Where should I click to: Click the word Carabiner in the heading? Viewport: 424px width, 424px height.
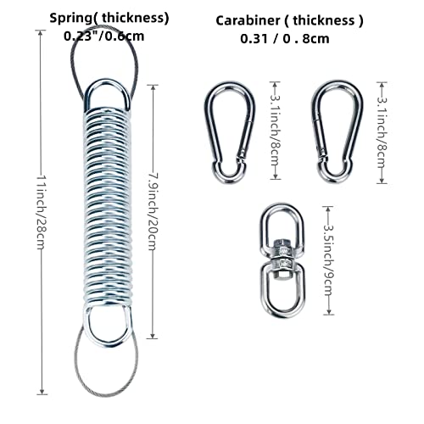[248, 20]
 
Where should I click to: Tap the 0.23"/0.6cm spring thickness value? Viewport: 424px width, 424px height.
[103, 36]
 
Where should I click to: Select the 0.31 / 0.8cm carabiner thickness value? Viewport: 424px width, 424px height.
[285, 39]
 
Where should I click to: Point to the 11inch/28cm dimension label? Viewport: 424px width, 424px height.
[42, 212]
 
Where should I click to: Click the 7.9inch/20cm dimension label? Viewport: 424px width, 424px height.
[153, 212]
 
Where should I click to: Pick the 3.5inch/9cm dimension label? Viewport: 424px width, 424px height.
[328, 260]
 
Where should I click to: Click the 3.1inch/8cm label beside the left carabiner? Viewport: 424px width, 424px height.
[275, 131]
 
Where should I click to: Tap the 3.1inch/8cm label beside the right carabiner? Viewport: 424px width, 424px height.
[382, 133]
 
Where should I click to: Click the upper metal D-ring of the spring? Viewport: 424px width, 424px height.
[108, 81]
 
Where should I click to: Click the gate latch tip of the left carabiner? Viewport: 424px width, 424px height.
[241, 155]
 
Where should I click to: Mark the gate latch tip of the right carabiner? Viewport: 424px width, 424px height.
[321, 157]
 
